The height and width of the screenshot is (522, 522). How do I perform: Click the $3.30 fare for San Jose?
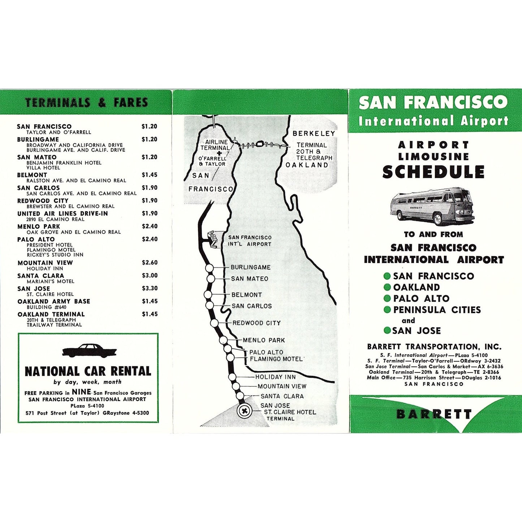[x=150, y=288]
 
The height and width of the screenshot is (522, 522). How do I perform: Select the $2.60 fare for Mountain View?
[x=150, y=263]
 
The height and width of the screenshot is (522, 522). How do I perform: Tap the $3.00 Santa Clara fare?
[x=150, y=276]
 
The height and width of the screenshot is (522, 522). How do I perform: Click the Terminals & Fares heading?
[x=87, y=103]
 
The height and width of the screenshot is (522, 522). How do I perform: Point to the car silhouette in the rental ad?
[x=89, y=351]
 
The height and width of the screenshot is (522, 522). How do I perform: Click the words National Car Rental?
[x=88, y=371]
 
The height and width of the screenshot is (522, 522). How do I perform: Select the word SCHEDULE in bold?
[x=433, y=172]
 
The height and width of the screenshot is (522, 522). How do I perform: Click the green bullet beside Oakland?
[x=387, y=287]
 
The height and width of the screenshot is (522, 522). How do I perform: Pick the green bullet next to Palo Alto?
[x=387, y=298]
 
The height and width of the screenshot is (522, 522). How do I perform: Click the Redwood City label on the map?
[x=256, y=323]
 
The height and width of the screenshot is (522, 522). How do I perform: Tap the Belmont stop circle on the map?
[x=208, y=294]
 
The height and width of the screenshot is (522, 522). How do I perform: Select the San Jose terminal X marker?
[x=244, y=411]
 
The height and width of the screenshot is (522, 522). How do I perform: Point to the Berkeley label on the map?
[x=314, y=133]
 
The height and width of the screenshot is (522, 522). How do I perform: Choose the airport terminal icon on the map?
[x=213, y=240]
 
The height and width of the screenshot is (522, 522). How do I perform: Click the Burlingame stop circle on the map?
[x=210, y=268]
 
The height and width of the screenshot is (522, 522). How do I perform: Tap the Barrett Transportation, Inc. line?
[x=434, y=347]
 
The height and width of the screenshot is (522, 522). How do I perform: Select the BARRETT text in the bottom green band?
[x=434, y=414]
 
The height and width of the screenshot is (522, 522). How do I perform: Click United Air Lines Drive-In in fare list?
[x=62, y=213]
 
